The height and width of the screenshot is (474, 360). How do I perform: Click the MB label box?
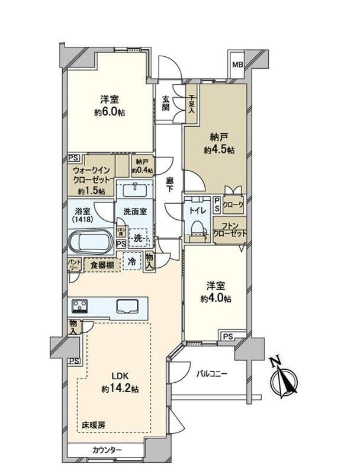(237, 65)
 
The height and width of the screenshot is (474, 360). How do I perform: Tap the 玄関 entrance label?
(166, 104)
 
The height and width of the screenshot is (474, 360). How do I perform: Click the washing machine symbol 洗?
(138, 238)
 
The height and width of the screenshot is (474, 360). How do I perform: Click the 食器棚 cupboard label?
(102, 265)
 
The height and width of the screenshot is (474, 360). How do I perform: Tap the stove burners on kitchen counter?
(80, 306)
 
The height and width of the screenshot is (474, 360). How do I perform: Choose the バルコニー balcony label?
(212, 374)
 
